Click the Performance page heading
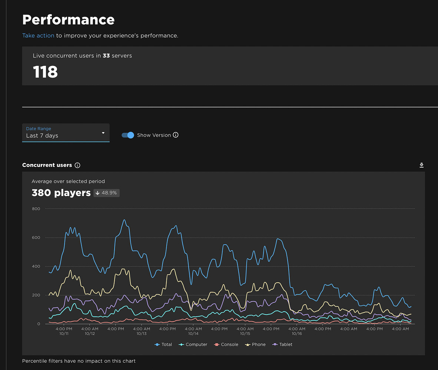[69, 20]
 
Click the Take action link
[38, 36]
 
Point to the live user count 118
[45, 72]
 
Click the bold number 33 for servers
[106, 56]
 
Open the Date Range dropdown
[66, 132]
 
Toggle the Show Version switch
[128, 135]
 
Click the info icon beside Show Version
[176, 135]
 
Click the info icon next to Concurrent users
[77, 165]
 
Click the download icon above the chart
[421, 165]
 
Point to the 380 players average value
[61, 193]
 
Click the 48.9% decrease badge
[106, 193]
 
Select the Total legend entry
[163, 344]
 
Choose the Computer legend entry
[193, 344]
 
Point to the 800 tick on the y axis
[36, 209]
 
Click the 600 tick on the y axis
[36, 238]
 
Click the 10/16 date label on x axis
[297, 333]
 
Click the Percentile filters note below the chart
[79, 361]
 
